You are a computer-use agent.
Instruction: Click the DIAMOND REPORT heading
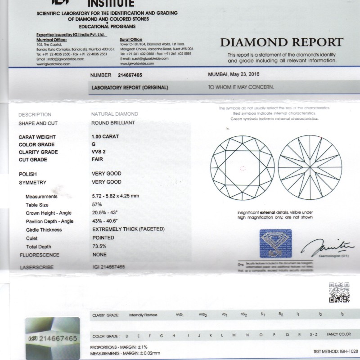[x=281, y=43]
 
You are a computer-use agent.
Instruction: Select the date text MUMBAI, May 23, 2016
[x=234, y=74]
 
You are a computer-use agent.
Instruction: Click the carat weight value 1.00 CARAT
[x=105, y=136]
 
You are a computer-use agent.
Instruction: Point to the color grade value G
[x=93, y=144]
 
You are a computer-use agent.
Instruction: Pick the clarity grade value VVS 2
[x=101, y=152]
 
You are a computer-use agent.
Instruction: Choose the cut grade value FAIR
[x=98, y=160]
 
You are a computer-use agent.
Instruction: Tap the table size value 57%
[x=97, y=205]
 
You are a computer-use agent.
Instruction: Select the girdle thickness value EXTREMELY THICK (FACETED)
[x=128, y=229]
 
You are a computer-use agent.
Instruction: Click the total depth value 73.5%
[x=99, y=247]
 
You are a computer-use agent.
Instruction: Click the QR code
[x=339, y=293]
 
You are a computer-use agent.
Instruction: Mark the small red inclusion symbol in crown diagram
[x=243, y=169]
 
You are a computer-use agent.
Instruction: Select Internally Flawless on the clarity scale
[x=143, y=315]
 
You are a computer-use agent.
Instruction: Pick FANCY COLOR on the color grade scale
[x=338, y=335]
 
